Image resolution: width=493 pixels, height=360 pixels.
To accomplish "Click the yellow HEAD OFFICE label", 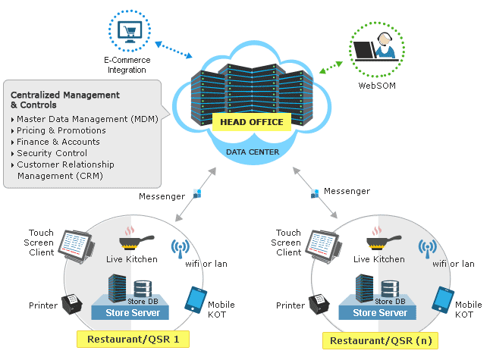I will pos(251,122).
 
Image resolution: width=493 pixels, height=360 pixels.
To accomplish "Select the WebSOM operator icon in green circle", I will pos(377,49).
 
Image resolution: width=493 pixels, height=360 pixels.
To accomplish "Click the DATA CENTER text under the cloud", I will pos(253,152).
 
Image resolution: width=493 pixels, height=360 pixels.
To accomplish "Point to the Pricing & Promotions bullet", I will pos(61,130).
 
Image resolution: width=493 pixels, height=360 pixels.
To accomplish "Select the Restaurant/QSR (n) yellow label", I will pos(379,340).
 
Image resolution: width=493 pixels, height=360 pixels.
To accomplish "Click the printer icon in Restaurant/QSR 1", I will pos(73,303).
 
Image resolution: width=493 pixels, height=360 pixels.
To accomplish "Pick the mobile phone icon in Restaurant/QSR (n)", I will pos(442,299).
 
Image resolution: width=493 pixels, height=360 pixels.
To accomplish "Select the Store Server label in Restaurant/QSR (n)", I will pos(380,312).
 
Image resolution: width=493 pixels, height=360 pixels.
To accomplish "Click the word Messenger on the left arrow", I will pos(162,196).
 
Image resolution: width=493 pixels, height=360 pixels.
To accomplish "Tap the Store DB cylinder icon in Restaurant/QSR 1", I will pos(142,289).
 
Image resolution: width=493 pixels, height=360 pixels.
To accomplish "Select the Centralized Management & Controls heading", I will pos(65,100).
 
